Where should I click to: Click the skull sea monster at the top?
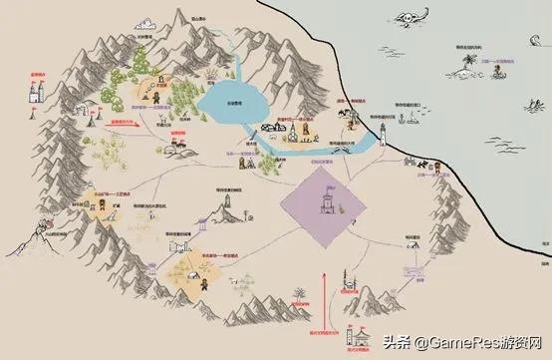point(411,20)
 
